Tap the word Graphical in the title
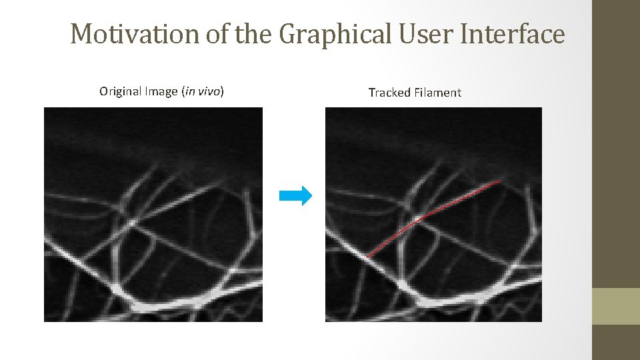point(335,34)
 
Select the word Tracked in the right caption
point(389,93)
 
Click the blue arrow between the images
point(295,195)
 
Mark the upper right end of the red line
point(499,181)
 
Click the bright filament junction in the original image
point(133,221)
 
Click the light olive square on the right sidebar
point(615,306)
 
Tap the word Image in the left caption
point(163,91)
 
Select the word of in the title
point(217,34)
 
